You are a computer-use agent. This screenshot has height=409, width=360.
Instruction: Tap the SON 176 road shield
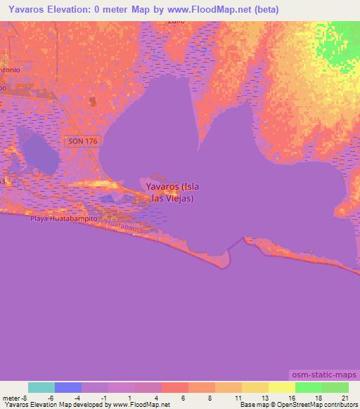click(84, 141)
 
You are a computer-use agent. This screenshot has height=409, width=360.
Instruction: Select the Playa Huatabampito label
click(63, 219)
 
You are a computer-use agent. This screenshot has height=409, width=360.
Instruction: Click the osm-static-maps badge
click(321, 377)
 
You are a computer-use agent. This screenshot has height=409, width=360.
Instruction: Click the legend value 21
click(345, 397)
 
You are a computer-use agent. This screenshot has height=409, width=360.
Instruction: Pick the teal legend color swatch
click(41, 387)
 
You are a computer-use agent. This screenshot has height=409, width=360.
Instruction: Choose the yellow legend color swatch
click(281, 387)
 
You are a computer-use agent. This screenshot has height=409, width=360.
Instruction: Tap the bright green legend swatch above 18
click(308, 387)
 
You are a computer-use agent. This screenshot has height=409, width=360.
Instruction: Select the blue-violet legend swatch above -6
click(68, 387)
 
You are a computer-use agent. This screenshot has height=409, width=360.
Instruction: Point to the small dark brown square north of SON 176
click(94, 102)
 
